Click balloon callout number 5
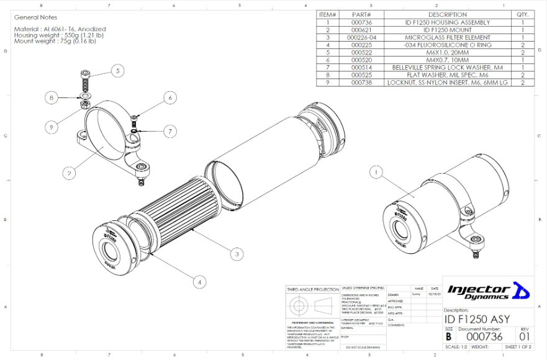119,71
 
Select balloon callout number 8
52,97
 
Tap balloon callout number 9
52,127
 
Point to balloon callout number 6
169,97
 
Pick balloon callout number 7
169,131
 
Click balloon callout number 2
69,174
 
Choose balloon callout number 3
235,253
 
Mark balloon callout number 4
199,281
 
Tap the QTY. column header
522,14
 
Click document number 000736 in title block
484,336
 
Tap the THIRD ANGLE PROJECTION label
313,289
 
